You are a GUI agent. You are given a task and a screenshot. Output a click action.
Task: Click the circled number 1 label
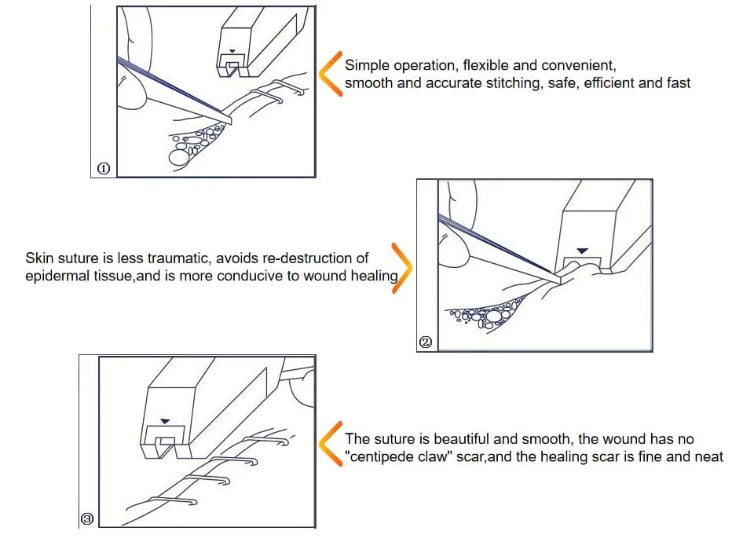pyautogui.click(x=104, y=168)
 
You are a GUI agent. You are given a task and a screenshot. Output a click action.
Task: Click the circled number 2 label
pyautogui.click(x=426, y=342)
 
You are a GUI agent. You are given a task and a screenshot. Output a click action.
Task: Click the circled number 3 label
pyautogui.click(x=87, y=519)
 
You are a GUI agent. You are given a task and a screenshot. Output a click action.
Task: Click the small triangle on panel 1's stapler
pyautogui.click(x=232, y=51)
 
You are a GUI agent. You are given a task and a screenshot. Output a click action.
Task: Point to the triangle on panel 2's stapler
pyautogui.click(x=582, y=251)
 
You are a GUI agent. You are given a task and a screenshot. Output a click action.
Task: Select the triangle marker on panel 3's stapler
pyautogui.click(x=165, y=421)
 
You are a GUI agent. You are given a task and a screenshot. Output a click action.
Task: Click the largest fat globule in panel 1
pyautogui.click(x=178, y=157)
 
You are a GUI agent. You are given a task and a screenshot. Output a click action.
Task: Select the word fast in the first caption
pyautogui.click(x=678, y=82)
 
